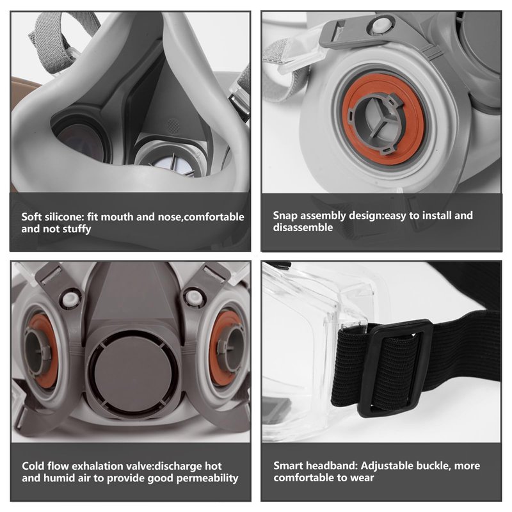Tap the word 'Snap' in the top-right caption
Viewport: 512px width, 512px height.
point(285,216)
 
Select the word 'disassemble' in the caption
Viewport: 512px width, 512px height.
point(303,227)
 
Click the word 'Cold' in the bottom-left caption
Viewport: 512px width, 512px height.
point(33,466)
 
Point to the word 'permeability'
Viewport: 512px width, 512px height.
point(207,478)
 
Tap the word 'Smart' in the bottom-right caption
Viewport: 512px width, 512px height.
point(287,466)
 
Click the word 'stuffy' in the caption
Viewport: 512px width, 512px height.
point(77,229)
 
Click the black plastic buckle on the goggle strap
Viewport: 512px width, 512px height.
point(394,368)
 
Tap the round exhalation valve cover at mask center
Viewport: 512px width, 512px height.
point(134,373)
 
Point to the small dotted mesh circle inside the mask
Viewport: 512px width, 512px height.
point(173,124)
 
